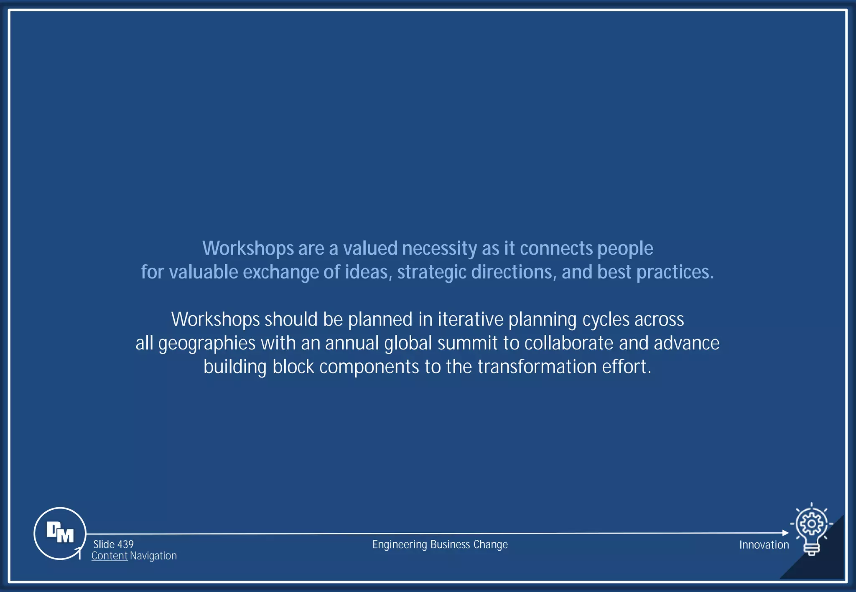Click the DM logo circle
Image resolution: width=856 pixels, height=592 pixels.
tap(60, 533)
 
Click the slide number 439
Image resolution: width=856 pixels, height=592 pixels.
tap(125, 544)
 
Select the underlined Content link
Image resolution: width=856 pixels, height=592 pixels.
tap(109, 556)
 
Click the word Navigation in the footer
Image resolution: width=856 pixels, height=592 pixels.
tap(153, 556)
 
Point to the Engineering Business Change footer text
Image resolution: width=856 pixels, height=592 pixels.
tap(440, 544)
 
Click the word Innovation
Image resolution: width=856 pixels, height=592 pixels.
tap(764, 545)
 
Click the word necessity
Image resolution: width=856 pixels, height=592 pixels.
tap(439, 249)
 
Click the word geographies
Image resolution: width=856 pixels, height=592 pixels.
tap(206, 344)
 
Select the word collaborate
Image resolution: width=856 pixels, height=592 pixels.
tap(569, 343)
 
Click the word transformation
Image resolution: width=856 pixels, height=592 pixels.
tap(537, 367)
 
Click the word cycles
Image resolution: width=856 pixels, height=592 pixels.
tap(606, 320)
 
